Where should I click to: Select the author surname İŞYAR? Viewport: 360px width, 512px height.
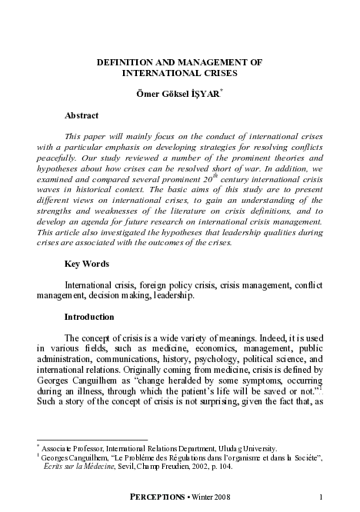[x=221, y=94]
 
